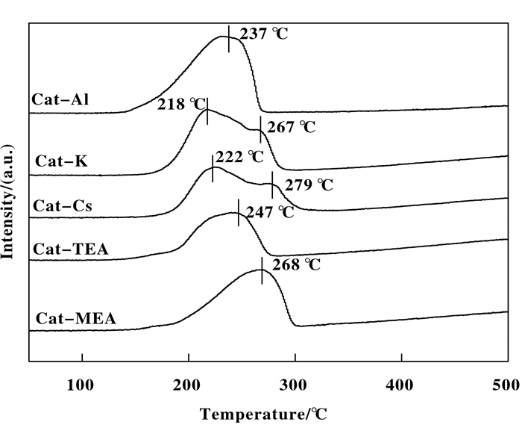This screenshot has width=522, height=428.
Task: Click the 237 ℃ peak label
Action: tap(262, 34)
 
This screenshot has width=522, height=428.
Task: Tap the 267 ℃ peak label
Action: tap(291, 127)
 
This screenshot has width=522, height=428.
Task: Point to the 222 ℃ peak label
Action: tap(239, 157)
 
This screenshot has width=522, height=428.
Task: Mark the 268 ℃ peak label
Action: tap(295, 265)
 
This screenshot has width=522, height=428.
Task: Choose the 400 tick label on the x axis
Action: tap(401, 385)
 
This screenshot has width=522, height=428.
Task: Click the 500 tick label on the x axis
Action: tap(506, 385)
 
